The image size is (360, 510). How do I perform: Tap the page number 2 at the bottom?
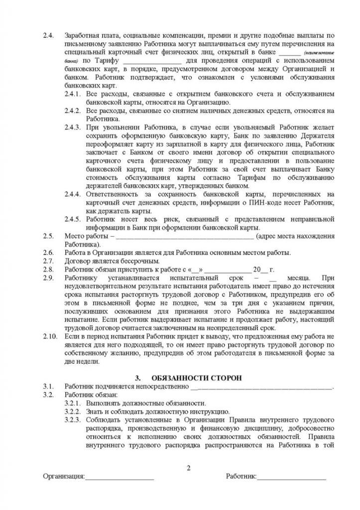188,467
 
